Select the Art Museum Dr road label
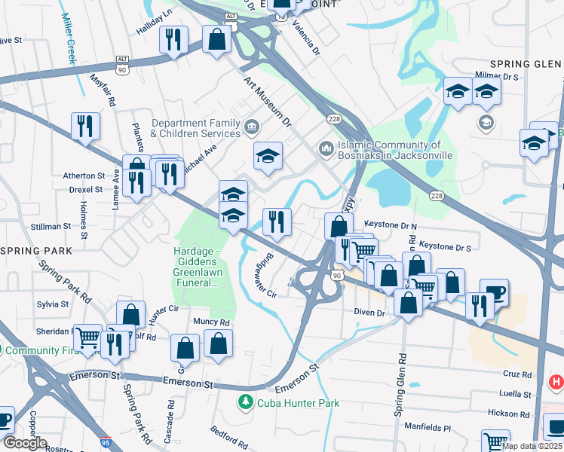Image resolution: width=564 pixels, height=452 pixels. [x=266, y=99]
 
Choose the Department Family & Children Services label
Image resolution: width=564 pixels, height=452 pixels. [x=195, y=128]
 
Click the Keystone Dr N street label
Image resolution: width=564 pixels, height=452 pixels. [x=390, y=224]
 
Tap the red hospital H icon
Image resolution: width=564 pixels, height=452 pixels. [x=556, y=383]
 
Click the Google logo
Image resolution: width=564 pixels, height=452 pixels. [x=24, y=443]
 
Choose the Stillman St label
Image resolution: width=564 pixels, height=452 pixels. [x=51, y=224]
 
